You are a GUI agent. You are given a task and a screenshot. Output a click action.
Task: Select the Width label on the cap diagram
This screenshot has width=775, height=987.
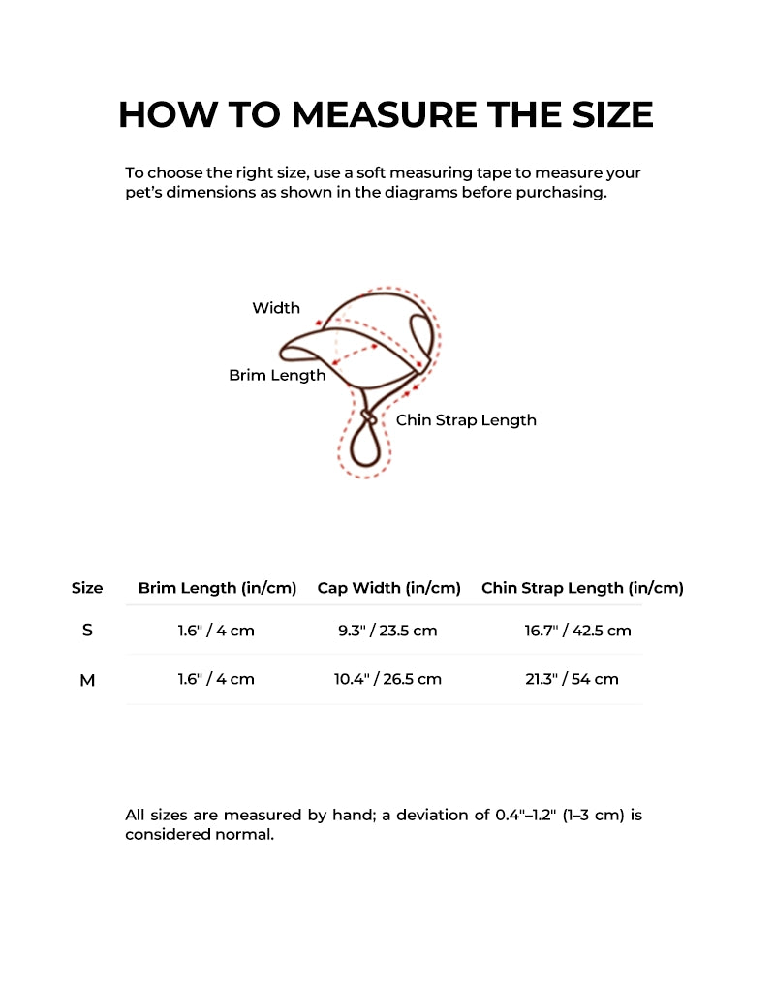pyautogui.click(x=276, y=308)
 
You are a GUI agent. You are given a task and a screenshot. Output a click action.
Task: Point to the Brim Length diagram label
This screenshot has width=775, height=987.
pyautogui.click(x=277, y=375)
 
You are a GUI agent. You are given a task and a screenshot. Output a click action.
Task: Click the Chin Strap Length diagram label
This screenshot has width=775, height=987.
pyautogui.click(x=466, y=420)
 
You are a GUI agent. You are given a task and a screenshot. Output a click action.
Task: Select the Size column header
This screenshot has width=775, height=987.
pyautogui.click(x=87, y=588)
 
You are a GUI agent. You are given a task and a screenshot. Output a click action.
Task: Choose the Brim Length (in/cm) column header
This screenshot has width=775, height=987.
pyautogui.click(x=217, y=588)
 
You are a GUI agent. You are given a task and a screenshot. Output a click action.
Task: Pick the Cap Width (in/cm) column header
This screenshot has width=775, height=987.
pyautogui.click(x=388, y=588)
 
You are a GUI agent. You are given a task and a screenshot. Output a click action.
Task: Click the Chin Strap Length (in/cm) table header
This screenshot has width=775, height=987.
pyautogui.click(x=582, y=588)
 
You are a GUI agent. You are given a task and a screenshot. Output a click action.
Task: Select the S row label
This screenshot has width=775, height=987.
pyautogui.click(x=87, y=631)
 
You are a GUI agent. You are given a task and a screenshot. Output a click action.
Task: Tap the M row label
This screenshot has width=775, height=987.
pyautogui.click(x=87, y=680)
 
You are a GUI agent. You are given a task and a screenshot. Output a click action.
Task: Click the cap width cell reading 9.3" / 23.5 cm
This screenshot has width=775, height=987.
pyautogui.click(x=387, y=631)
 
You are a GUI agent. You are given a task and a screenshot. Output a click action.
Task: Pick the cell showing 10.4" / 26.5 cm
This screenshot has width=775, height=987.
pyautogui.click(x=387, y=679)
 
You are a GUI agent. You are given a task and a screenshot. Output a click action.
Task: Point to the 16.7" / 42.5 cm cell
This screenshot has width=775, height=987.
pyautogui.click(x=577, y=631)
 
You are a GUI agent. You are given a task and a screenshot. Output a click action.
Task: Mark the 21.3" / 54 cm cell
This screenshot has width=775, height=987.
pyautogui.click(x=572, y=679)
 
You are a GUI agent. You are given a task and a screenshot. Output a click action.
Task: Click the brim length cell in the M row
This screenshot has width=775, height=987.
pyautogui.click(x=216, y=679)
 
